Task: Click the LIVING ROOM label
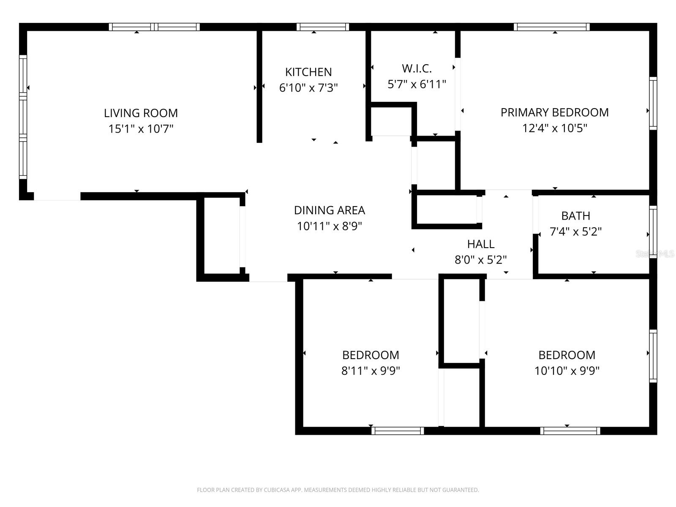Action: [141, 113]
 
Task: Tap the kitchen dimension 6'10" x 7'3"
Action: [308, 87]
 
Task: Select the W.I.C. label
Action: [417, 68]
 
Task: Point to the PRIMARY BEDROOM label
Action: [554, 112]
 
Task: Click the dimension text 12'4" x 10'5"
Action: [554, 128]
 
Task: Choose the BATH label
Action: [575, 215]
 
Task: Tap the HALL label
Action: [480, 244]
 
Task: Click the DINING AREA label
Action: [329, 210]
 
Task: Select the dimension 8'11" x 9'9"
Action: [371, 371]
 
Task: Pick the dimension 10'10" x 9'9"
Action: [567, 371]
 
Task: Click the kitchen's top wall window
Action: [323, 27]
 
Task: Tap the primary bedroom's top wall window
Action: [551, 27]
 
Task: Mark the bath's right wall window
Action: [653, 232]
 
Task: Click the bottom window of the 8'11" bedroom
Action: [398, 431]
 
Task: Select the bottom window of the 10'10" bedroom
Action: [570, 431]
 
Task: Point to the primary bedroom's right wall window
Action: [653, 104]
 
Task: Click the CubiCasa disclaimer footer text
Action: [338, 490]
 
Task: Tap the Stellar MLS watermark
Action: [654, 254]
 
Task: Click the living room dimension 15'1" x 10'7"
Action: [141, 128]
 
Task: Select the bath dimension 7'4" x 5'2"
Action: [575, 231]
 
